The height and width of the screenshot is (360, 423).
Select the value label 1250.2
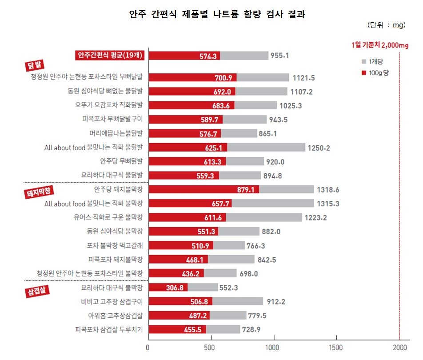click(x=319, y=148)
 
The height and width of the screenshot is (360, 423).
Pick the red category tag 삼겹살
click(x=37, y=292)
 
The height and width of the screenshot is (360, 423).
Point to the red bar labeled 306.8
click(x=168, y=288)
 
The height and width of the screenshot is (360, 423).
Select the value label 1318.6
click(x=328, y=190)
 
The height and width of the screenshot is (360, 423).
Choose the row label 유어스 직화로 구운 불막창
click(x=111, y=217)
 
